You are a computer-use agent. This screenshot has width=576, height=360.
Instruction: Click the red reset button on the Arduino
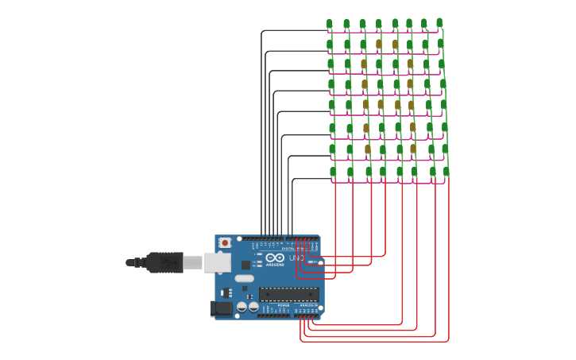pos(225,242)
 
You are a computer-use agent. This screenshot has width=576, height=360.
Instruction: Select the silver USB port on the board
pos(217,262)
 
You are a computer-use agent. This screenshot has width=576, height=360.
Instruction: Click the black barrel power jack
pos(222,308)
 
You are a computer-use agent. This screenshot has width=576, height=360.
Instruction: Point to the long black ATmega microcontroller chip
pos(288,294)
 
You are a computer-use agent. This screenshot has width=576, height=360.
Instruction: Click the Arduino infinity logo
pos(275,257)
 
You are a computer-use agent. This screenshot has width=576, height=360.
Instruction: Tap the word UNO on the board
pos(296,257)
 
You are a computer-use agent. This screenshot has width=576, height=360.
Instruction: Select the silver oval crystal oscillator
pos(244,278)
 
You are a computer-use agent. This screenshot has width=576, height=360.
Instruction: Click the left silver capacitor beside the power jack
pos(242,307)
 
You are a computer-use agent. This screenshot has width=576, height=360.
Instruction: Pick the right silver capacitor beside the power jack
pos(253,307)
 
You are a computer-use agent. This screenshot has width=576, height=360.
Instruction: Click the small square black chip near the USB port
pos(246,264)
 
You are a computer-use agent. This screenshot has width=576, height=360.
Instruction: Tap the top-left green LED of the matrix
pos(330,25)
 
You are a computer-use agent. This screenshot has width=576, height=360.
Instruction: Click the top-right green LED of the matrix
pos(439,23)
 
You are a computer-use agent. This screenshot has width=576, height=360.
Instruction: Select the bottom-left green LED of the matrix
pos(333,172)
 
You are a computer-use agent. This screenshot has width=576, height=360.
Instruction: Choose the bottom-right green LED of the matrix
pos(446,172)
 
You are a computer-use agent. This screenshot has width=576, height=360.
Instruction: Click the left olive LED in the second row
pos(379,45)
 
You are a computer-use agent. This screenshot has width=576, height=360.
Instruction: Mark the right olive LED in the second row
pos(395,45)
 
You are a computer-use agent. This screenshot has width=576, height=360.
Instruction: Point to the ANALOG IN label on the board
pos(306,304)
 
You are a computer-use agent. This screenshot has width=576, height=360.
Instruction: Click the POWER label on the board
pos(284,304)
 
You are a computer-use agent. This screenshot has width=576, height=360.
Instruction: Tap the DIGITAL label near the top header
pos(288,249)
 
